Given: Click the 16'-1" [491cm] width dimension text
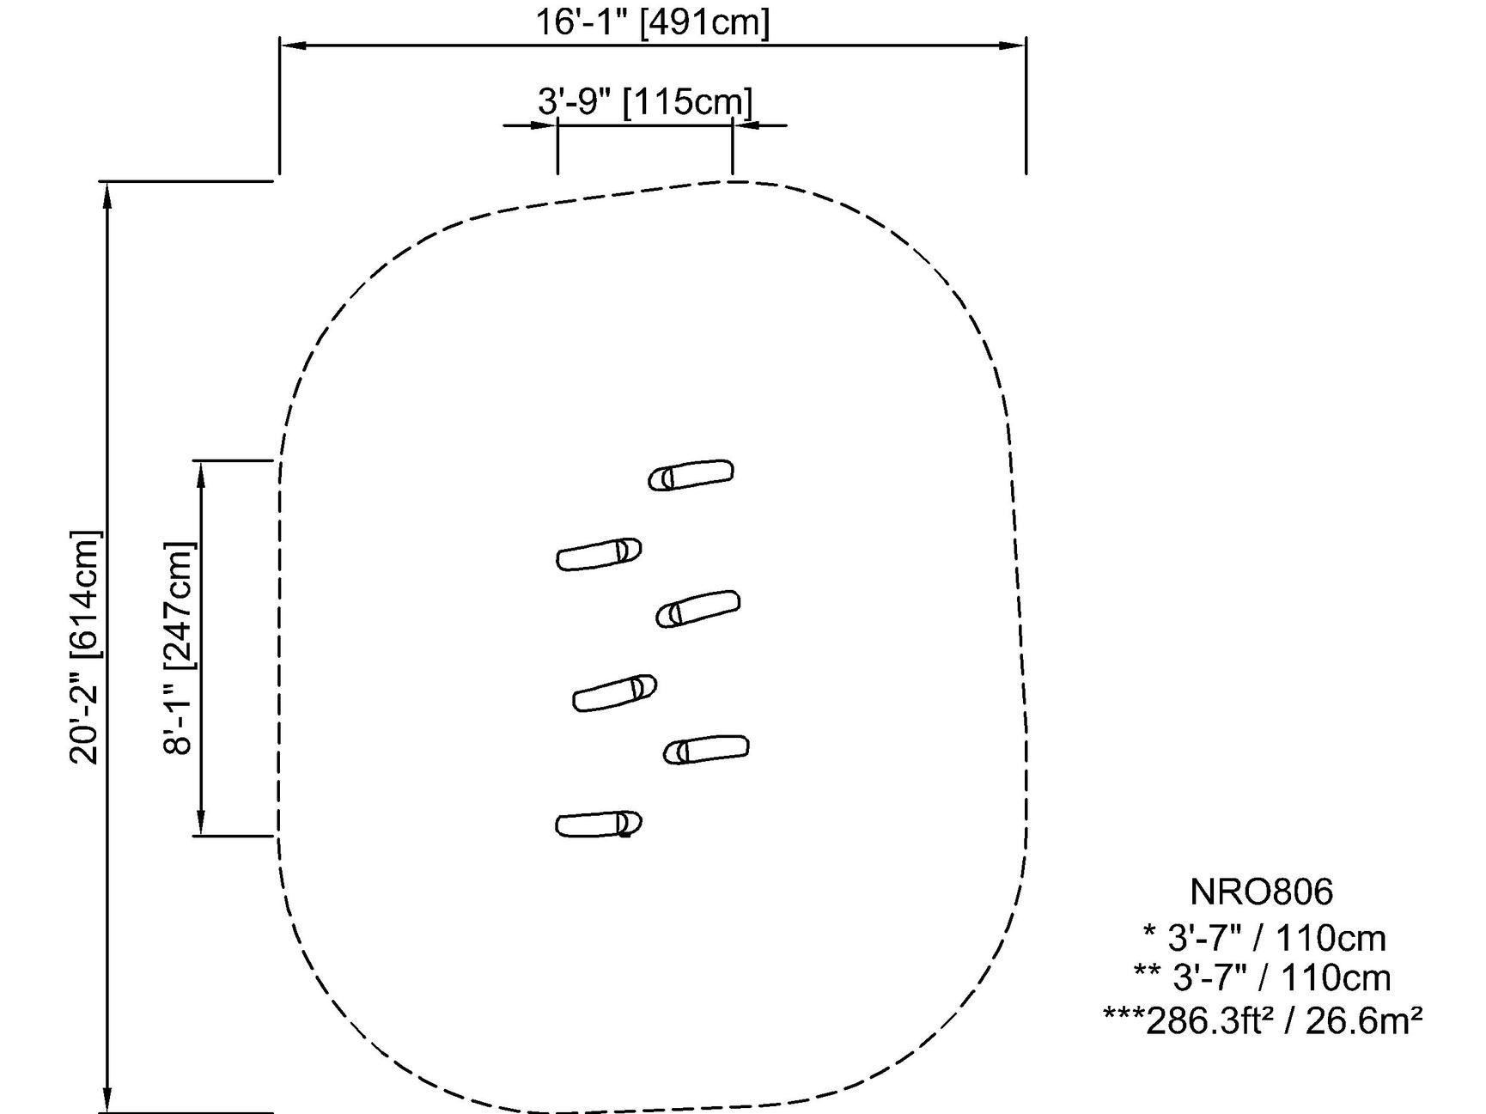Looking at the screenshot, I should (653, 21).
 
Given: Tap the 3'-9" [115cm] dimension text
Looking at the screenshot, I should (645, 101).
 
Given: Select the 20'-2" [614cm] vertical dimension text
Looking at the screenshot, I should (86, 648).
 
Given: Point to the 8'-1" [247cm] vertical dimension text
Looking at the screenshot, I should (179, 648).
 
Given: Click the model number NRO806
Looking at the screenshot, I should (1261, 892).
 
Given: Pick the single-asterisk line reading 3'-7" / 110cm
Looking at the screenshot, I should (1264, 938).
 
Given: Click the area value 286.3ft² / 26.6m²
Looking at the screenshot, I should (1263, 1020).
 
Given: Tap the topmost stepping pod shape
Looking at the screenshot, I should (691, 475).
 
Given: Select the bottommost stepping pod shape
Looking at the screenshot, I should (599, 825).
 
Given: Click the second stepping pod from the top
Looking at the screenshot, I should (599, 554).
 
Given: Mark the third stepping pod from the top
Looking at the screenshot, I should (697, 609).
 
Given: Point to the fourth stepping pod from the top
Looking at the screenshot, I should (614, 693).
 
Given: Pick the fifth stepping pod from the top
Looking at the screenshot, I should (706, 750).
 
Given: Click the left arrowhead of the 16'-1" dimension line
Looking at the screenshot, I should (290, 46).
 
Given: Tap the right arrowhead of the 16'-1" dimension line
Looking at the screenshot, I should (1016, 46).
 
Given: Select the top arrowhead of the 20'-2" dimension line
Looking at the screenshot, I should (107, 192).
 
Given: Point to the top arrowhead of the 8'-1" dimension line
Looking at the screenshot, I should (202, 472).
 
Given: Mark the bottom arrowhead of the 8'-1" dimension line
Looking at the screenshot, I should (202, 825).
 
